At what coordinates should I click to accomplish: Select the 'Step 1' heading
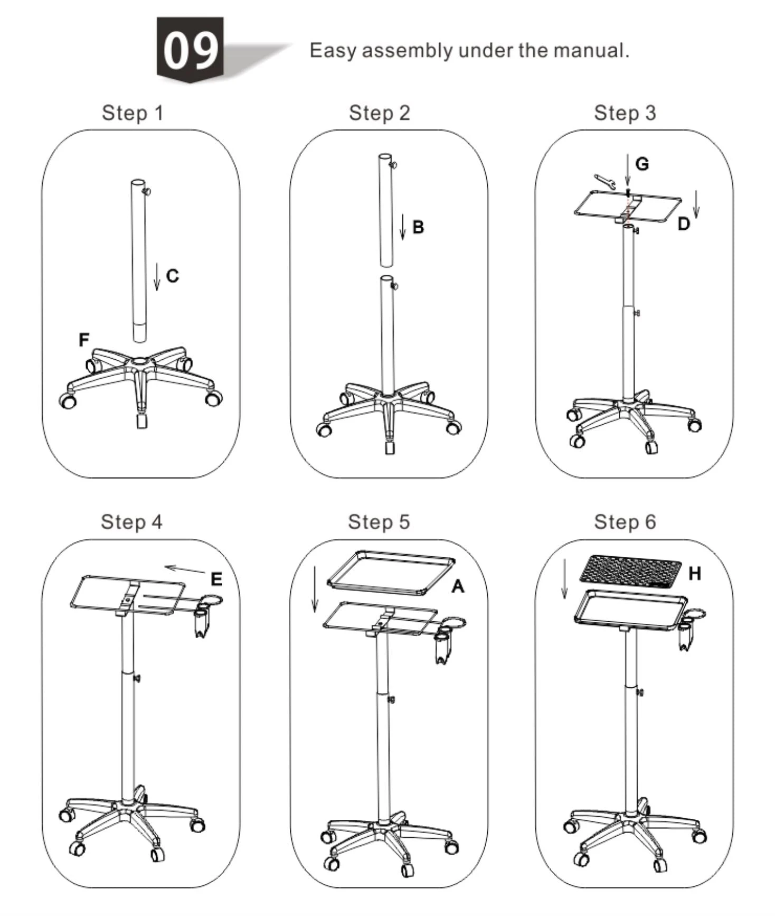(133, 113)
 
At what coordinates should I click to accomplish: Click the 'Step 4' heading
(131, 522)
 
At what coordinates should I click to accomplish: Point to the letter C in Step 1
(173, 276)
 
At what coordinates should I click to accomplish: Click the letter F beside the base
(84, 340)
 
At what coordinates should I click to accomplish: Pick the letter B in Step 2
(418, 227)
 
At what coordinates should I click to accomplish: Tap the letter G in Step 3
(642, 164)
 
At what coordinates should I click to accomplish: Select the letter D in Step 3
(683, 224)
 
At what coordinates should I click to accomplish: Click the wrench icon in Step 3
(604, 182)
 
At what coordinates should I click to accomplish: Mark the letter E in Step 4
(216, 579)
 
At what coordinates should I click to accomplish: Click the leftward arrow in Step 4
(185, 569)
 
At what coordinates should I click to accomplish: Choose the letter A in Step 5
(458, 586)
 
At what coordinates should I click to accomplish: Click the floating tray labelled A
(391, 573)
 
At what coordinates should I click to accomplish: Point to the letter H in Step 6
(695, 573)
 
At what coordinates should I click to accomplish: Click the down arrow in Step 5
(315, 589)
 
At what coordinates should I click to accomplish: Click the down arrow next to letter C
(157, 276)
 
